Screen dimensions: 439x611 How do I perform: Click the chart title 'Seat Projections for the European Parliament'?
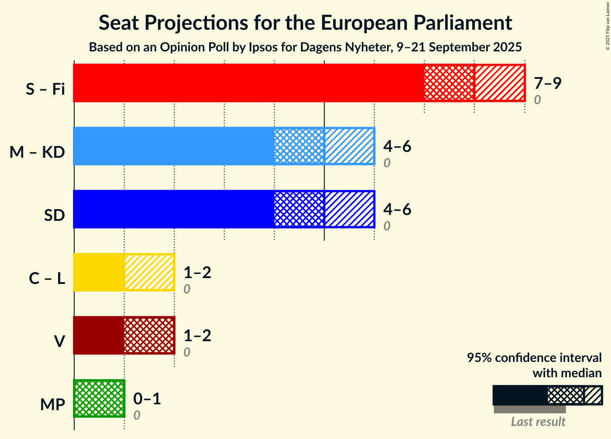305,23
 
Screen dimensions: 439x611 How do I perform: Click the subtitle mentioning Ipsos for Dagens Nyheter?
305,47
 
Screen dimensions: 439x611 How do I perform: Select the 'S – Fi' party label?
45,89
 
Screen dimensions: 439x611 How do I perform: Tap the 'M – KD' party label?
37,152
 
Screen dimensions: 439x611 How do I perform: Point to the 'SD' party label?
55,215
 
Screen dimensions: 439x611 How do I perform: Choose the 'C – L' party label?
47,279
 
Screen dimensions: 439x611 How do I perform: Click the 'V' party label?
59,342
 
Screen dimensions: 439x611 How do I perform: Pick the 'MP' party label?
53,405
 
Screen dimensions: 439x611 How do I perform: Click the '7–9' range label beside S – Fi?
547,83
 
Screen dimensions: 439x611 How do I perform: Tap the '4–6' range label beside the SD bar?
397,209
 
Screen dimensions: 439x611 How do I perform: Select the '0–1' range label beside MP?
147,398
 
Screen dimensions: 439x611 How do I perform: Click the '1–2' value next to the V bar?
197,335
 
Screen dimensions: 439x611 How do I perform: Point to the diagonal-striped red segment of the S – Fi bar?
499,83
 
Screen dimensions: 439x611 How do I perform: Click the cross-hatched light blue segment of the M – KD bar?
299,146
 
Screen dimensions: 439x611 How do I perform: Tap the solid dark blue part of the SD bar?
173,209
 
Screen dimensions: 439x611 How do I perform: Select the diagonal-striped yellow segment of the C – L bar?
149,272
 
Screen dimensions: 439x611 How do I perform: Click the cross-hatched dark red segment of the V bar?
149,335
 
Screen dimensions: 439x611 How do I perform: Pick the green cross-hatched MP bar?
99,398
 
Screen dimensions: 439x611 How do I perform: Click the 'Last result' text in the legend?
538,422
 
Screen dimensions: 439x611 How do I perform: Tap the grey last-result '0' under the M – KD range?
387,163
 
